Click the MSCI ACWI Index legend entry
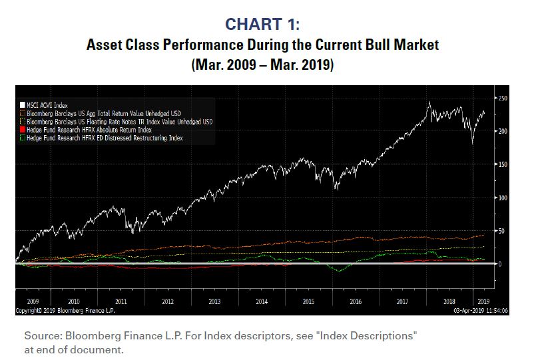click(x=47, y=106)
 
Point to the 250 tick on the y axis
click(x=503, y=98)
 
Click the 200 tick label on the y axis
click(x=503, y=131)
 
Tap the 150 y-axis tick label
click(x=503, y=164)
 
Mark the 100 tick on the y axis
click(x=503, y=198)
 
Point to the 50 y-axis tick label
click(x=501, y=231)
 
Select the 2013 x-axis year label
click(x=215, y=301)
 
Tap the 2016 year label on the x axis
click(x=356, y=301)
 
